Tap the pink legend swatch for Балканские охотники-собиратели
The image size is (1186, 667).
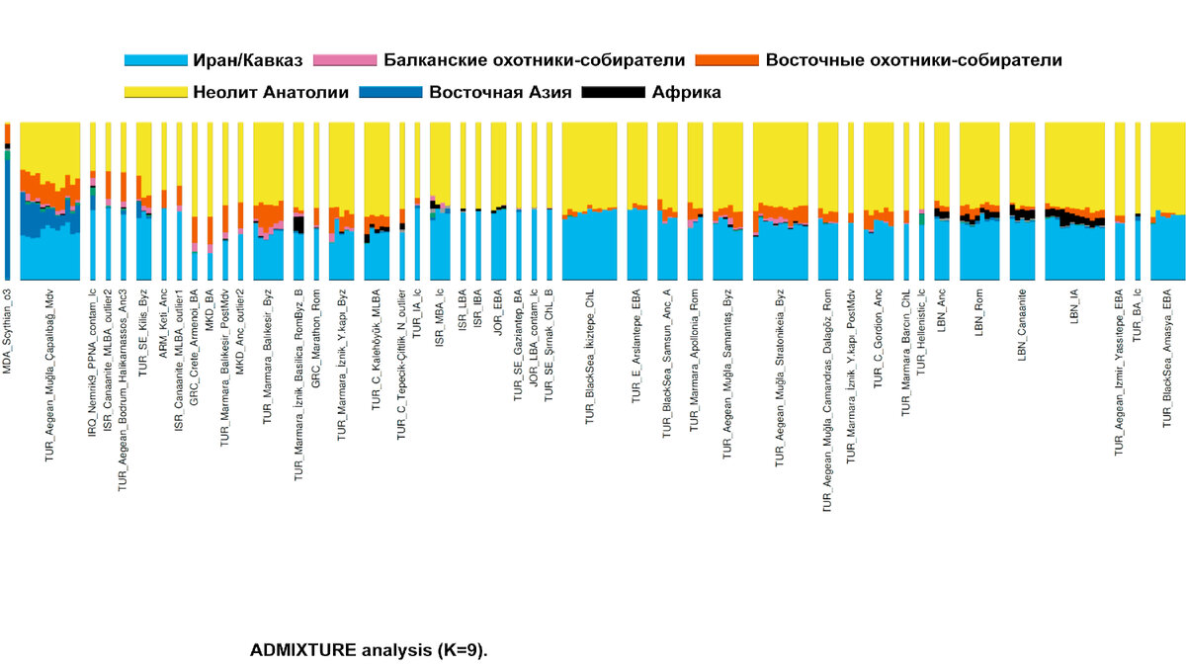(344, 60)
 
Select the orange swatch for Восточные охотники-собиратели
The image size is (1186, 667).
(728, 60)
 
